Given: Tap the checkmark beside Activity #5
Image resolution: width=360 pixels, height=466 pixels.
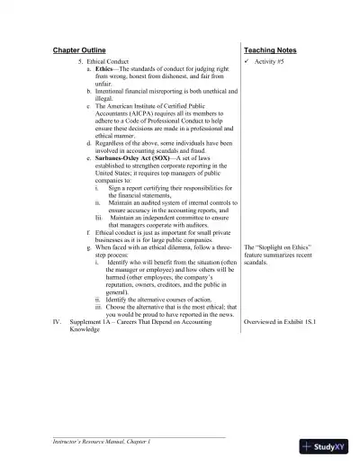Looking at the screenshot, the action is pyautogui.click(x=248, y=60).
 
